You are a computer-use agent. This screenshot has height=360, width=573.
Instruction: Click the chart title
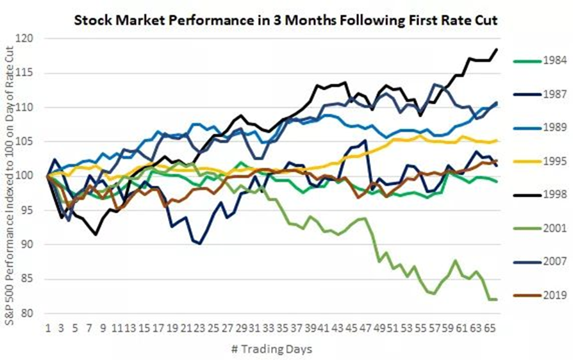pos(286,20)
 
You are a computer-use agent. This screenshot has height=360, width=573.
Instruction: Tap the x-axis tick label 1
pos(48,327)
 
